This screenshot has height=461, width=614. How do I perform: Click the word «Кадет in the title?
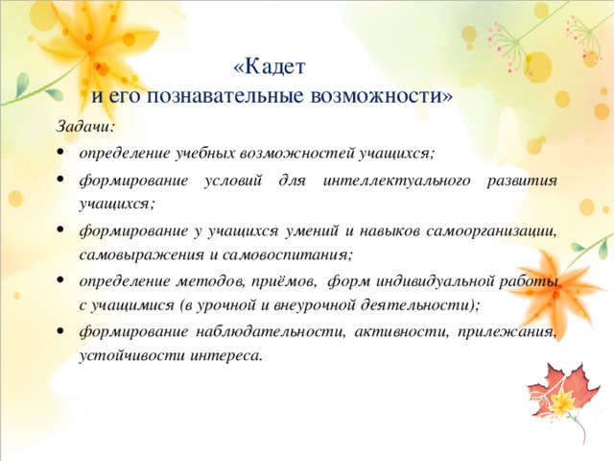pos(269,67)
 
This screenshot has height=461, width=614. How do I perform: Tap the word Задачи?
pos(85,127)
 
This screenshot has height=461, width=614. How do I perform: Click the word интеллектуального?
pos(396,181)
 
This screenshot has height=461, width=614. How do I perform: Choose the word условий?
pos(232,181)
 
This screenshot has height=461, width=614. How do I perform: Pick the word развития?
pos(522,181)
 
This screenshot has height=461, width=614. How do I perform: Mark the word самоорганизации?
pos(491,231)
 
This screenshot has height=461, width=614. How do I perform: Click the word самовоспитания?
pos(288,255)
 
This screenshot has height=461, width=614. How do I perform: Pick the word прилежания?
pos(507,331)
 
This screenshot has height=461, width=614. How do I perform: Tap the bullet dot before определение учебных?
pos(59,152)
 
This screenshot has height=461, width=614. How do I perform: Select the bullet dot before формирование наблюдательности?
pos(59,330)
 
